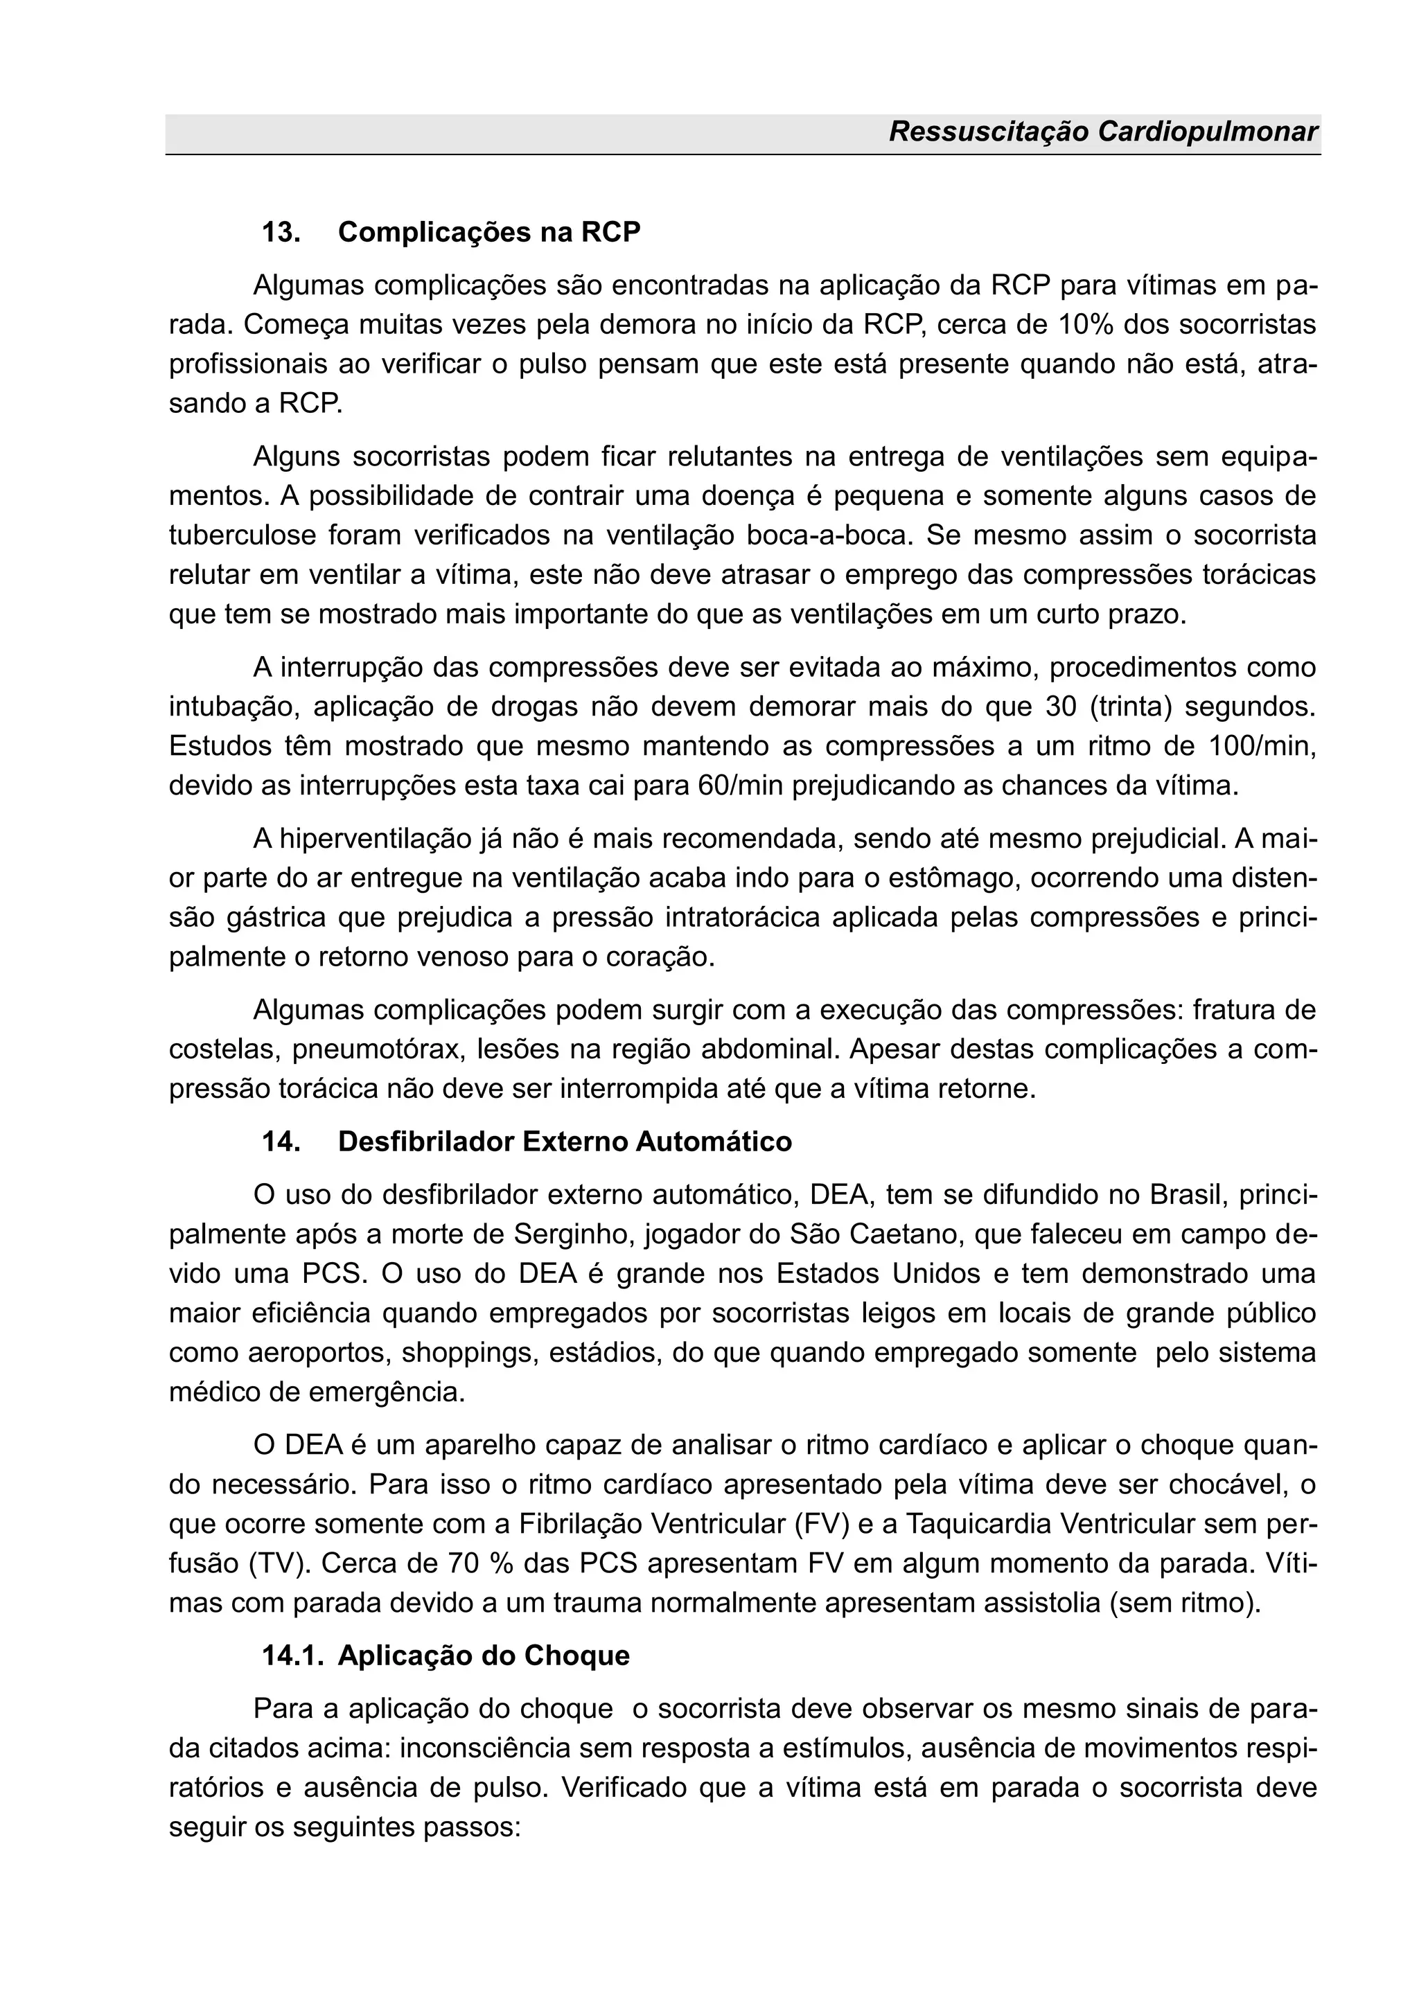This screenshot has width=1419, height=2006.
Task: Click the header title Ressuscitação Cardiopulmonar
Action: coord(1102,132)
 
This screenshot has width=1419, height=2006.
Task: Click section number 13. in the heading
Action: coord(281,233)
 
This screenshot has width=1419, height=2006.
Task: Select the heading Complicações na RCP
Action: coord(488,233)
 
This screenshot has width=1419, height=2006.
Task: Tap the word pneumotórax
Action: coord(377,1049)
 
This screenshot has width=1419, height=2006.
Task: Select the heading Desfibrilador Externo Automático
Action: coord(565,1142)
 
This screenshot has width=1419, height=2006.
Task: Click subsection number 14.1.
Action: coord(292,1656)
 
